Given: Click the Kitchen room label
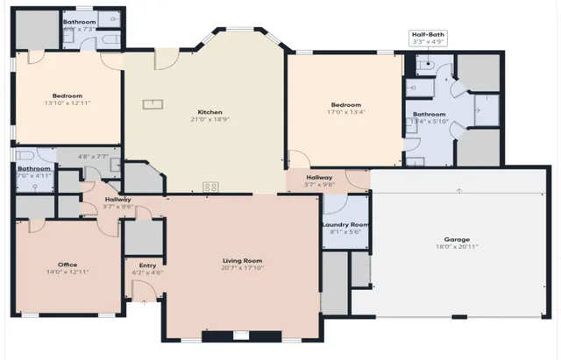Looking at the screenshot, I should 209,111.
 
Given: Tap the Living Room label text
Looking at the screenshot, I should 241,260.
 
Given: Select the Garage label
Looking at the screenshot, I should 457,239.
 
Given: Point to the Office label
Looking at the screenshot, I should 67,265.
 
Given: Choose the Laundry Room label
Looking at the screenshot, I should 345,225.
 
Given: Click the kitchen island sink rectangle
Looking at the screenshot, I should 153,104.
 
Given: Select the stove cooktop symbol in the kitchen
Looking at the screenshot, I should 210,186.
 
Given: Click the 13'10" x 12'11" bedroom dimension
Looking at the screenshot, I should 67,103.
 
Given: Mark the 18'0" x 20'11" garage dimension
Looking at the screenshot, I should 457,247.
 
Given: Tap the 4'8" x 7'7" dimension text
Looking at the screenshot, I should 92,157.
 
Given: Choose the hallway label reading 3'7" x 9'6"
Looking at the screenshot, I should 117,207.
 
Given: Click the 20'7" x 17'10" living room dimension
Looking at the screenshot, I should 241,268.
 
